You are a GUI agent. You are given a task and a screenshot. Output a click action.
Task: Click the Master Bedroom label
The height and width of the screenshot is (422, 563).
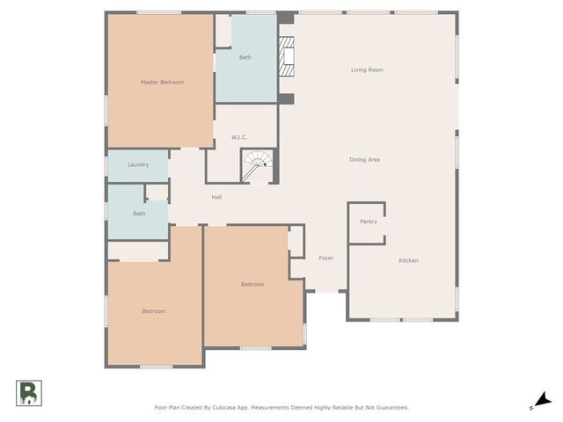[163, 83]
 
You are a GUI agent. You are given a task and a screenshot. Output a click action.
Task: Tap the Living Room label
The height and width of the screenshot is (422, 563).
[367, 69]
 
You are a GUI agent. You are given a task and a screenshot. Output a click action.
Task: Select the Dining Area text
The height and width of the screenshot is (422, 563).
[364, 159]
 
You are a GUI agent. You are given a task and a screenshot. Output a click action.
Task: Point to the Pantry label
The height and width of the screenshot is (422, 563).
[369, 222]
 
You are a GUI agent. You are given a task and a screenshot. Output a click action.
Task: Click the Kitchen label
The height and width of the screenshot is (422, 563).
[408, 260]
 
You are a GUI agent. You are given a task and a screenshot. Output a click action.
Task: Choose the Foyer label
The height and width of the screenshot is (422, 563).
[325, 258]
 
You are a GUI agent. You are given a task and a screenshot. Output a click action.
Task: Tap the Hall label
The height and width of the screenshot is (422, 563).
[216, 197]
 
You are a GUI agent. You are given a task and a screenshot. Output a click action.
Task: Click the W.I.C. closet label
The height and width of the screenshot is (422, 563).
[239, 137]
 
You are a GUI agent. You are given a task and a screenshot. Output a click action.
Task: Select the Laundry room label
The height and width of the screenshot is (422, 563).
[137, 164]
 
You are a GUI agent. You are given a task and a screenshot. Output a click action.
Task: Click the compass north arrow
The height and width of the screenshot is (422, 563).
[545, 400]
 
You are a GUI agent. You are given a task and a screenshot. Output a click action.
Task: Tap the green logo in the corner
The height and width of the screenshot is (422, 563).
[27, 393]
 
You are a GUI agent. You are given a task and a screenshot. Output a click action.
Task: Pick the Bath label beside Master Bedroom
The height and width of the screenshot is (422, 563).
[245, 57]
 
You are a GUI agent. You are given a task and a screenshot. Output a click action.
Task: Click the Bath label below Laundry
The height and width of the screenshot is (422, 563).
[139, 214]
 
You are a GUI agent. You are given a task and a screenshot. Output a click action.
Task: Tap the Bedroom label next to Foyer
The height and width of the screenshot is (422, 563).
[253, 284]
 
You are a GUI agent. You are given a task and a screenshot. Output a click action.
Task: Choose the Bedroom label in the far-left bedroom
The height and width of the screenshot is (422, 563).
[154, 311]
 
